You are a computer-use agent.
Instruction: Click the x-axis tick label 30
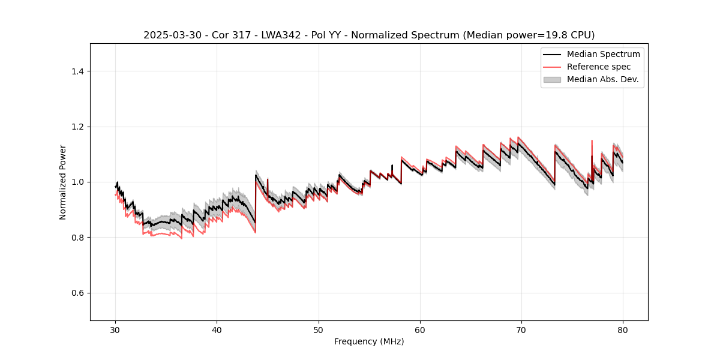(x=116, y=330)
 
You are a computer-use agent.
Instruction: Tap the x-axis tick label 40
(x=217, y=330)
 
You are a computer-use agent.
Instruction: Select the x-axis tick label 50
(x=319, y=330)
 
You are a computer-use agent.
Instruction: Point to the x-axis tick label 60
(x=420, y=330)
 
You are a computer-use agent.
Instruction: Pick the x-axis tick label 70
(x=521, y=330)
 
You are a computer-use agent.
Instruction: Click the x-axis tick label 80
(x=623, y=330)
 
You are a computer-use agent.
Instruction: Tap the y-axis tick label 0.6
(x=77, y=293)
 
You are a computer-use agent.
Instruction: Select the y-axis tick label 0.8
(x=77, y=238)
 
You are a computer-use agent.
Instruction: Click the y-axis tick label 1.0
(x=77, y=182)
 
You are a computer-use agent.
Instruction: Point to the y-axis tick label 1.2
(x=77, y=127)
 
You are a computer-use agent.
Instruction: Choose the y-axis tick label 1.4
(x=77, y=71)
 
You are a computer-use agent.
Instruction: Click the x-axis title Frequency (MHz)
(x=369, y=341)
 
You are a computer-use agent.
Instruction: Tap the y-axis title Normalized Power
(x=63, y=182)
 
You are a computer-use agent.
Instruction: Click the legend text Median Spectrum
(x=604, y=54)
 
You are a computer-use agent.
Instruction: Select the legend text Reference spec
(x=599, y=67)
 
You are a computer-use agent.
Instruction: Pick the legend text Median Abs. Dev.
(x=603, y=79)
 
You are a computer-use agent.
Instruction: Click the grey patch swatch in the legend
(x=552, y=79)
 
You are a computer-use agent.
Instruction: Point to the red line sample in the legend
(x=552, y=67)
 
